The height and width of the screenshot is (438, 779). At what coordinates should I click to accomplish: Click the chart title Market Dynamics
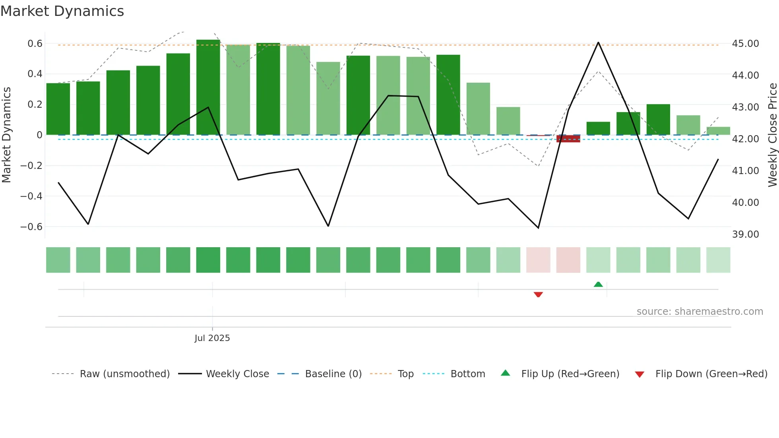tap(62, 11)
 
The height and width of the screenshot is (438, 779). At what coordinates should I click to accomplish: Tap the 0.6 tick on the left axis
tap(35, 43)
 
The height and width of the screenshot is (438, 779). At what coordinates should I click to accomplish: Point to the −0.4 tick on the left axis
tap(31, 196)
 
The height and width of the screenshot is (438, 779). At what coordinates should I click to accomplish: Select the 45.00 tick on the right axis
tap(745, 43)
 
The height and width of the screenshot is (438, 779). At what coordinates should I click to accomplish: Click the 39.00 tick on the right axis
tap(745, 234)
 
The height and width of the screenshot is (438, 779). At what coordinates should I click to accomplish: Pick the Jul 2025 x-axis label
tap(212, 338)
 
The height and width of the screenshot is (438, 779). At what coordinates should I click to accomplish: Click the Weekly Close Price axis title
tap(772, 135)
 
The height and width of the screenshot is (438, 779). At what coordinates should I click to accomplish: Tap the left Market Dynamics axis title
tap(6, 135)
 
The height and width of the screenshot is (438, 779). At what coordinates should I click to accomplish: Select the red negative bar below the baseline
tap(568, 138)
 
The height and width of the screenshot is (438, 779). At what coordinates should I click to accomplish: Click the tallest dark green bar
tap(208, 87)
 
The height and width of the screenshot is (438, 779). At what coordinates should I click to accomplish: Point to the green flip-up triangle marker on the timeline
tap(598, 284)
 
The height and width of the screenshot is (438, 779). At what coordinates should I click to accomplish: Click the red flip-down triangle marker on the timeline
tap(538, 295)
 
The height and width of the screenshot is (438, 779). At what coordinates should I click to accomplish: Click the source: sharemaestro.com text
tap(700, 311)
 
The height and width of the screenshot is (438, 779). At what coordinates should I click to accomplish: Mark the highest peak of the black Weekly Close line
tap(598, 43)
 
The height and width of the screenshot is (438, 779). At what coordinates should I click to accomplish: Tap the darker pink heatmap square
tap(568, 260)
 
